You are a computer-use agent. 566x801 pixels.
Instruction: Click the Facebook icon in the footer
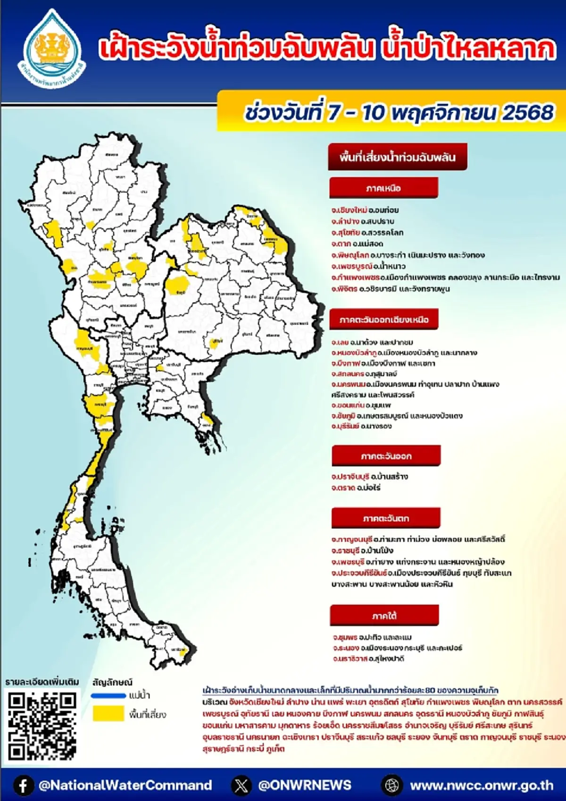[23, 785]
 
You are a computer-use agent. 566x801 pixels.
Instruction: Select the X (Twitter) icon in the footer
[241, 785]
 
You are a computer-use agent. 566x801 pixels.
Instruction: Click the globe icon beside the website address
[391, 785]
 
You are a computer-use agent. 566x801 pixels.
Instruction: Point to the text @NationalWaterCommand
[125, 785]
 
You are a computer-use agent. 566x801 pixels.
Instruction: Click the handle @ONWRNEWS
[305, 785]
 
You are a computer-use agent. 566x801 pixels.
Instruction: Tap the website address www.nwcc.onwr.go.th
[482, 785]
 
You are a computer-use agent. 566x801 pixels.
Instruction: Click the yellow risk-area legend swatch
[108, 714]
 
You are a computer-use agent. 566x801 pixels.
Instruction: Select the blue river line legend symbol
[108, 695]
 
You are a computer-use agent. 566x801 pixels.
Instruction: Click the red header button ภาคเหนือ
[383, 188]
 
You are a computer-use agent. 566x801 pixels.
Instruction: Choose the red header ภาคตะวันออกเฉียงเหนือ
[384, 320]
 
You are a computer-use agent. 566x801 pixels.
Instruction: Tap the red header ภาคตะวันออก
[386, 456]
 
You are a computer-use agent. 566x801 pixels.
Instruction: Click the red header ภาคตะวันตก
[386, 518]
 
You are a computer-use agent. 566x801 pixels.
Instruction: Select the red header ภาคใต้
[384, 616]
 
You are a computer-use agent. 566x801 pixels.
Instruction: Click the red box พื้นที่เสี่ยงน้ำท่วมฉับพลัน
[398, 157]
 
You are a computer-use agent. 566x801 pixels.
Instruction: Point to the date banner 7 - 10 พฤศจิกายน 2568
[399, 113]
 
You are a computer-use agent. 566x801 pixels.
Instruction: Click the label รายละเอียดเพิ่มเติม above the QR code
[42, 682]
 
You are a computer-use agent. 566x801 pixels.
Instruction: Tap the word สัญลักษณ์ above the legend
[113, 682]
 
